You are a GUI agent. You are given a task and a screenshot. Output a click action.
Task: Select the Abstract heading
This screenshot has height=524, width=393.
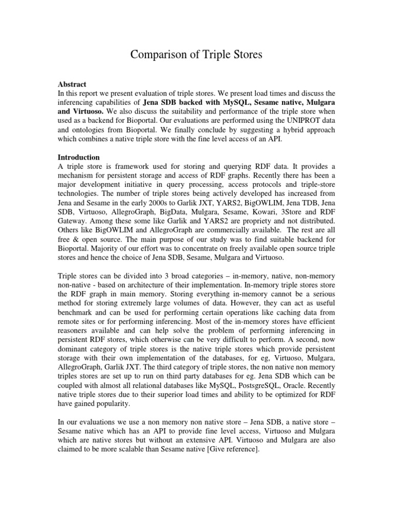pos(72,84)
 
